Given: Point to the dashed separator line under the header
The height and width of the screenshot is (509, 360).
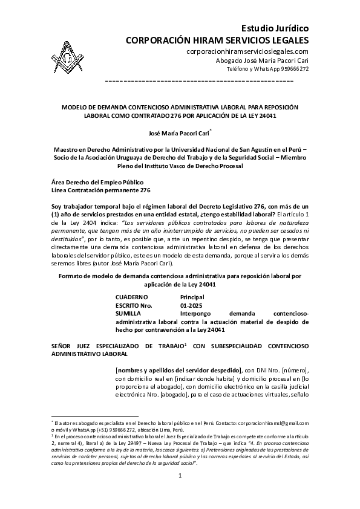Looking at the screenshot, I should coord(199,80).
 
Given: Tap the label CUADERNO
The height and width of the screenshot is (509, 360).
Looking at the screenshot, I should coord(131,297).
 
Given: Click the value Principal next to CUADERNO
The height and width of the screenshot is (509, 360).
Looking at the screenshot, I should coord(192,297).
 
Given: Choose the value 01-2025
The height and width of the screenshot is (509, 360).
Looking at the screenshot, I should coord(190,306).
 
